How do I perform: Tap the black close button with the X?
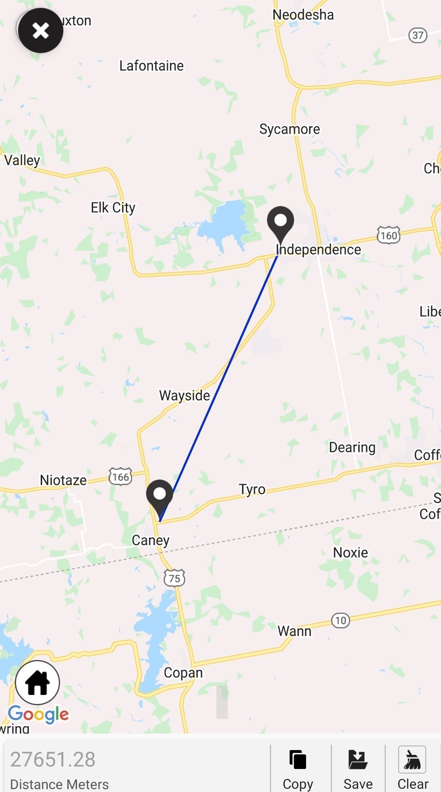pos(40,30)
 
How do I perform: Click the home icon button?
pos(37,683)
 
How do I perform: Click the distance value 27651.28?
pos(53,759)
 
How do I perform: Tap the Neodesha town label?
pos(303,15)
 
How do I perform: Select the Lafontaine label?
pos(151,66)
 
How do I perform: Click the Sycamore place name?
pos(290,129)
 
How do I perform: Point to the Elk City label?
pos(113,208)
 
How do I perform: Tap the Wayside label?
pos(184,396)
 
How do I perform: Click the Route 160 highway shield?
pos(388,235)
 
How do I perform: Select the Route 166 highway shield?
pos(121,477)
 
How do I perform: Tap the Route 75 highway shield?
pos(174,578)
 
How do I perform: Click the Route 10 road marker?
pos(341,620)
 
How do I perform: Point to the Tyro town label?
pos(252,489)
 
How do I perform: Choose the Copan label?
pos(183,673)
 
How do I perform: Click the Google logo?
pos(39,715)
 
